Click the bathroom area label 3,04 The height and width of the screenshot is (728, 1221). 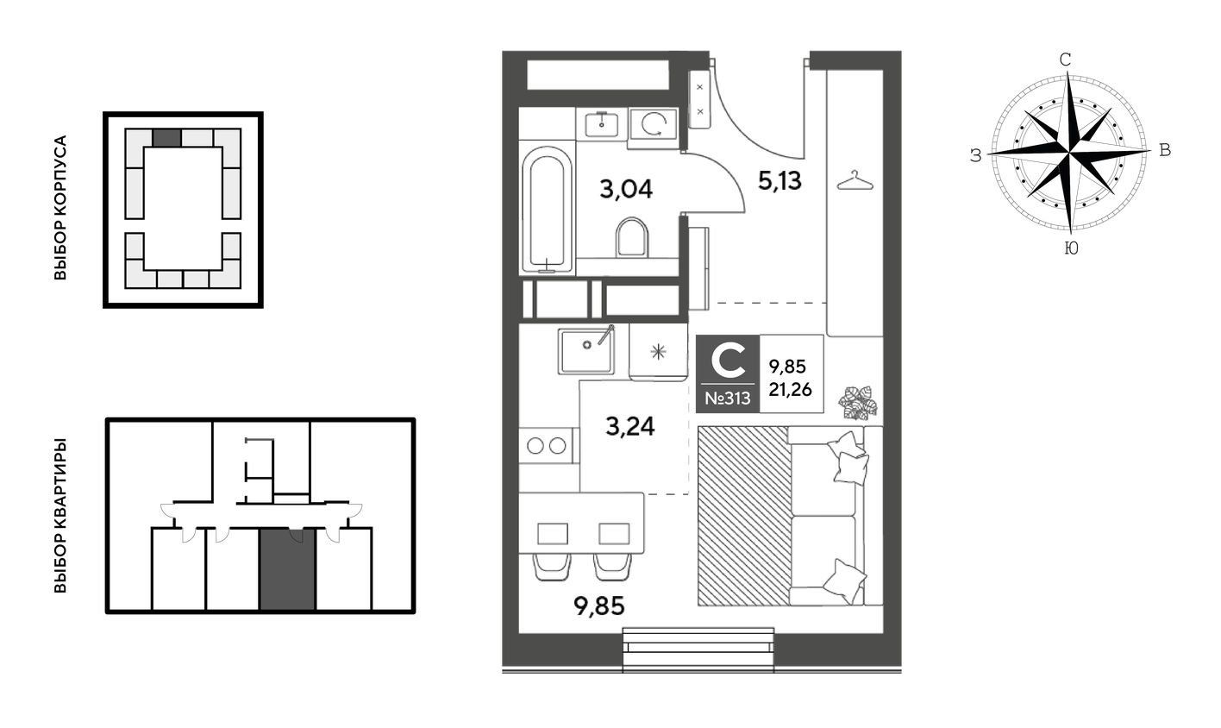(626, 189)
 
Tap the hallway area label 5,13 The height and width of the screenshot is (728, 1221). (780, 180)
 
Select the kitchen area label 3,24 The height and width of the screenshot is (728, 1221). (630, 426)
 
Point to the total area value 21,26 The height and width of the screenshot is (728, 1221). (790, 389)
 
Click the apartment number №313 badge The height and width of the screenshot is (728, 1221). (728, 399)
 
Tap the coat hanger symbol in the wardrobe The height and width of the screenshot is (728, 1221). (855, 180)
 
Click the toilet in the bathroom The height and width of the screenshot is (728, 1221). (632, 237)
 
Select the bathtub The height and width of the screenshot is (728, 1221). (547, 207)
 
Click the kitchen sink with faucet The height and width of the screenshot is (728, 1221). (586, 351)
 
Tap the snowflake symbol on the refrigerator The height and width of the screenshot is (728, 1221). (659, 352)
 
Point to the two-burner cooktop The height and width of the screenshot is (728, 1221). (547, 446)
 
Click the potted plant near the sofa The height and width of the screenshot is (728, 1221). (858, 403)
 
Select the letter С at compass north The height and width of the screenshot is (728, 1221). (1065, 60)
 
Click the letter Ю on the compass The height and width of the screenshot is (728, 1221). (1071, 248)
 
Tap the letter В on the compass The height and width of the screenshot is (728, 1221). (1164, 150)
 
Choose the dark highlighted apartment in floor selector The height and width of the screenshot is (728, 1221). (287, 568)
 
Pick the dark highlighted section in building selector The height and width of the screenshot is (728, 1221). (166, 137)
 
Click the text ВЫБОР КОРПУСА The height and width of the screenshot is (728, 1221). (60, 208)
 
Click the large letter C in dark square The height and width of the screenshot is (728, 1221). (728, 361)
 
